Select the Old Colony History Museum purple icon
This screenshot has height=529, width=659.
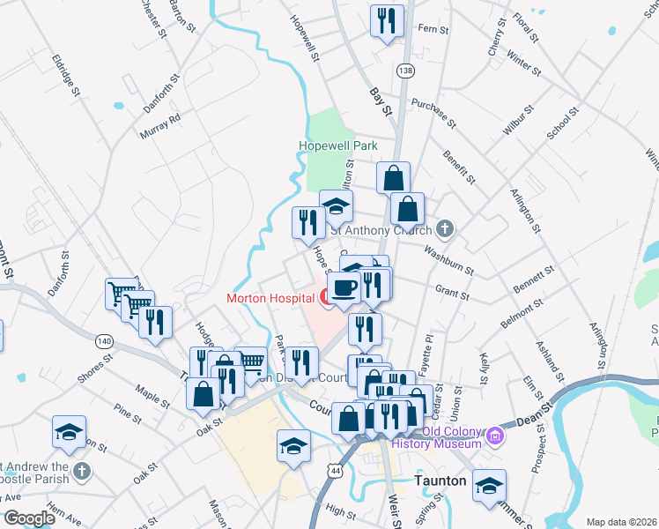(x=495, y=435)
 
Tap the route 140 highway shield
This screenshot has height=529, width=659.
(x=104, y=340)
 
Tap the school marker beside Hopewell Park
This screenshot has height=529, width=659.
(x=335, y=207)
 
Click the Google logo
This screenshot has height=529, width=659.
(x=28, y=518)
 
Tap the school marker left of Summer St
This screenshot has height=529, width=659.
(x=489, y=485)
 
